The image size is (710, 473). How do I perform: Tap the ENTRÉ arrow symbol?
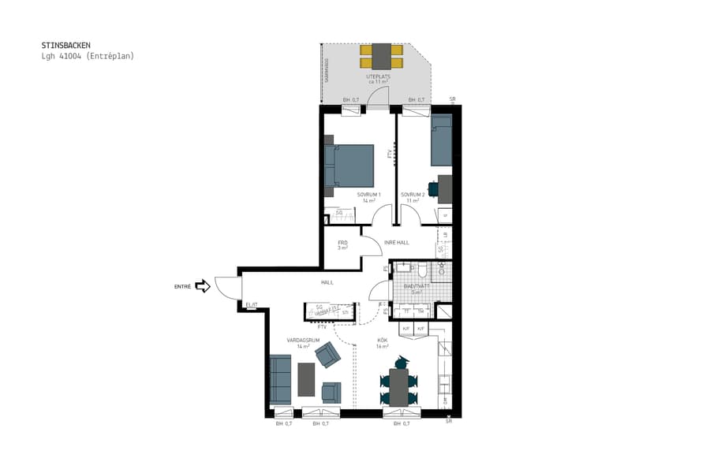203,286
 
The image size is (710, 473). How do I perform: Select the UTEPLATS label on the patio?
379,76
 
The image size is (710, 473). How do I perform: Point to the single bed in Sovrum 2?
442,140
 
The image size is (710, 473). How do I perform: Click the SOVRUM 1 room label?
368,195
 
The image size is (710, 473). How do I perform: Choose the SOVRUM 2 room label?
413,195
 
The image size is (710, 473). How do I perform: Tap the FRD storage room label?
343,243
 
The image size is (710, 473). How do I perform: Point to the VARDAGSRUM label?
302,341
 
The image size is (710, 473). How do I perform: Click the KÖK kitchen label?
383,341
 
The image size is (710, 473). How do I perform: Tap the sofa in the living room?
280,379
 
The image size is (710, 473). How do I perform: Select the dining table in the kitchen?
398,386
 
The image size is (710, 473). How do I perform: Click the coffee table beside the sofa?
306,378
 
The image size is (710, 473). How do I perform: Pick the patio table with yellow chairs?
382,56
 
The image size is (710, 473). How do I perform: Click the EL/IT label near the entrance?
252,305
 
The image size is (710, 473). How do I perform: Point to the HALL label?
327,282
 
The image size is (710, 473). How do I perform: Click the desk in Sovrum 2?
445,188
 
